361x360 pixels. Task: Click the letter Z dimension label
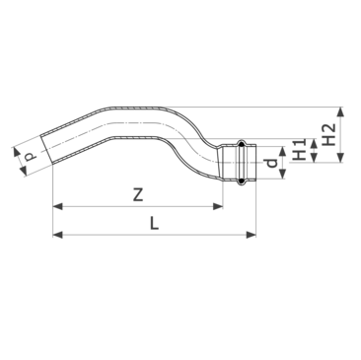click(x=138, y=194)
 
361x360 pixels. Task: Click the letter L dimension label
click(x=154, y=224)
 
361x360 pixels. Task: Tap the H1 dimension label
click(x=299, y=150)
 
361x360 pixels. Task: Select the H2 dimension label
click(x=327, y=135)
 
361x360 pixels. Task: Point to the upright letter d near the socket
click(x=272, y=163)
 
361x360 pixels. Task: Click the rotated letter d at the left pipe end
click(x=30, y=156)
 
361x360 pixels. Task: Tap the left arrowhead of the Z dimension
click(x=57, y=206)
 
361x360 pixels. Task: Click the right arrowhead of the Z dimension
click(x=218, y=206)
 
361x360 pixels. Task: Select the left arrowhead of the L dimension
click(x=57, y=235)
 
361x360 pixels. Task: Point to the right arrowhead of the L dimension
click(x=251, y=235)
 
